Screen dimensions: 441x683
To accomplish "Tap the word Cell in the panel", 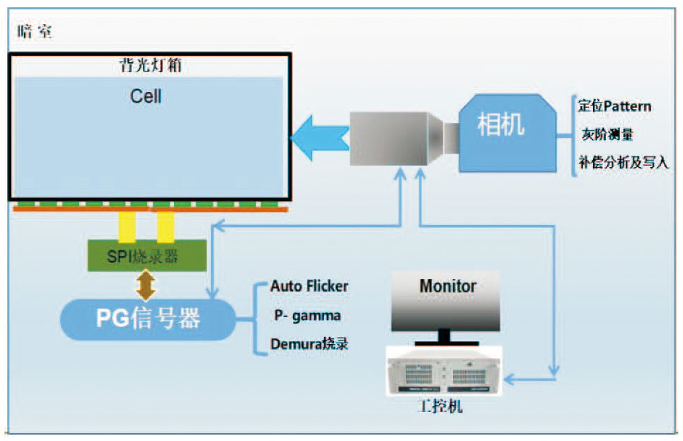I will click(146, 96).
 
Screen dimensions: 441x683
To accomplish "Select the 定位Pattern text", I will click(614, 106).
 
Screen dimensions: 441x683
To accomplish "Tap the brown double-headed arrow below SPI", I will click(146, 285).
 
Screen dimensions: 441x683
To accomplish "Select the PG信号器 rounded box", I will click(148, 319).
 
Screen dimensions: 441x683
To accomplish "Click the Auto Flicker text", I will click(309, 287).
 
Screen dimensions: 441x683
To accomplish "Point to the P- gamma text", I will click(306, 315).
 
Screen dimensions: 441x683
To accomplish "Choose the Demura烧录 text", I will click(309, 344).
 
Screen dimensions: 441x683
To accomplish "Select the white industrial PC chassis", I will click(444, 372).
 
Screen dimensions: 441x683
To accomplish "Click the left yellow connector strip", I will click(127, 227).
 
